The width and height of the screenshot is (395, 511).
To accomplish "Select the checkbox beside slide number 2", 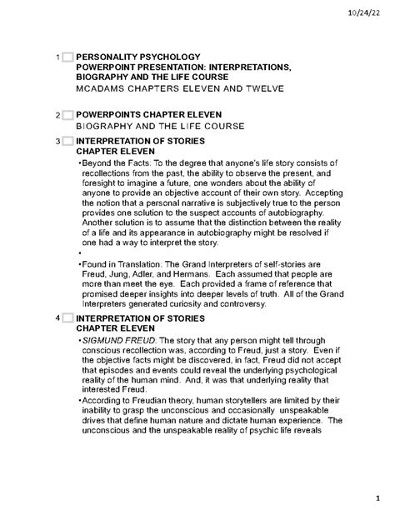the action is pos(66,114).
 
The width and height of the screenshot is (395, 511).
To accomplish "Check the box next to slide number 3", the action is pos(66,142).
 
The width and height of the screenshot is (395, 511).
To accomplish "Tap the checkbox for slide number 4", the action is pos(66,318).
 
